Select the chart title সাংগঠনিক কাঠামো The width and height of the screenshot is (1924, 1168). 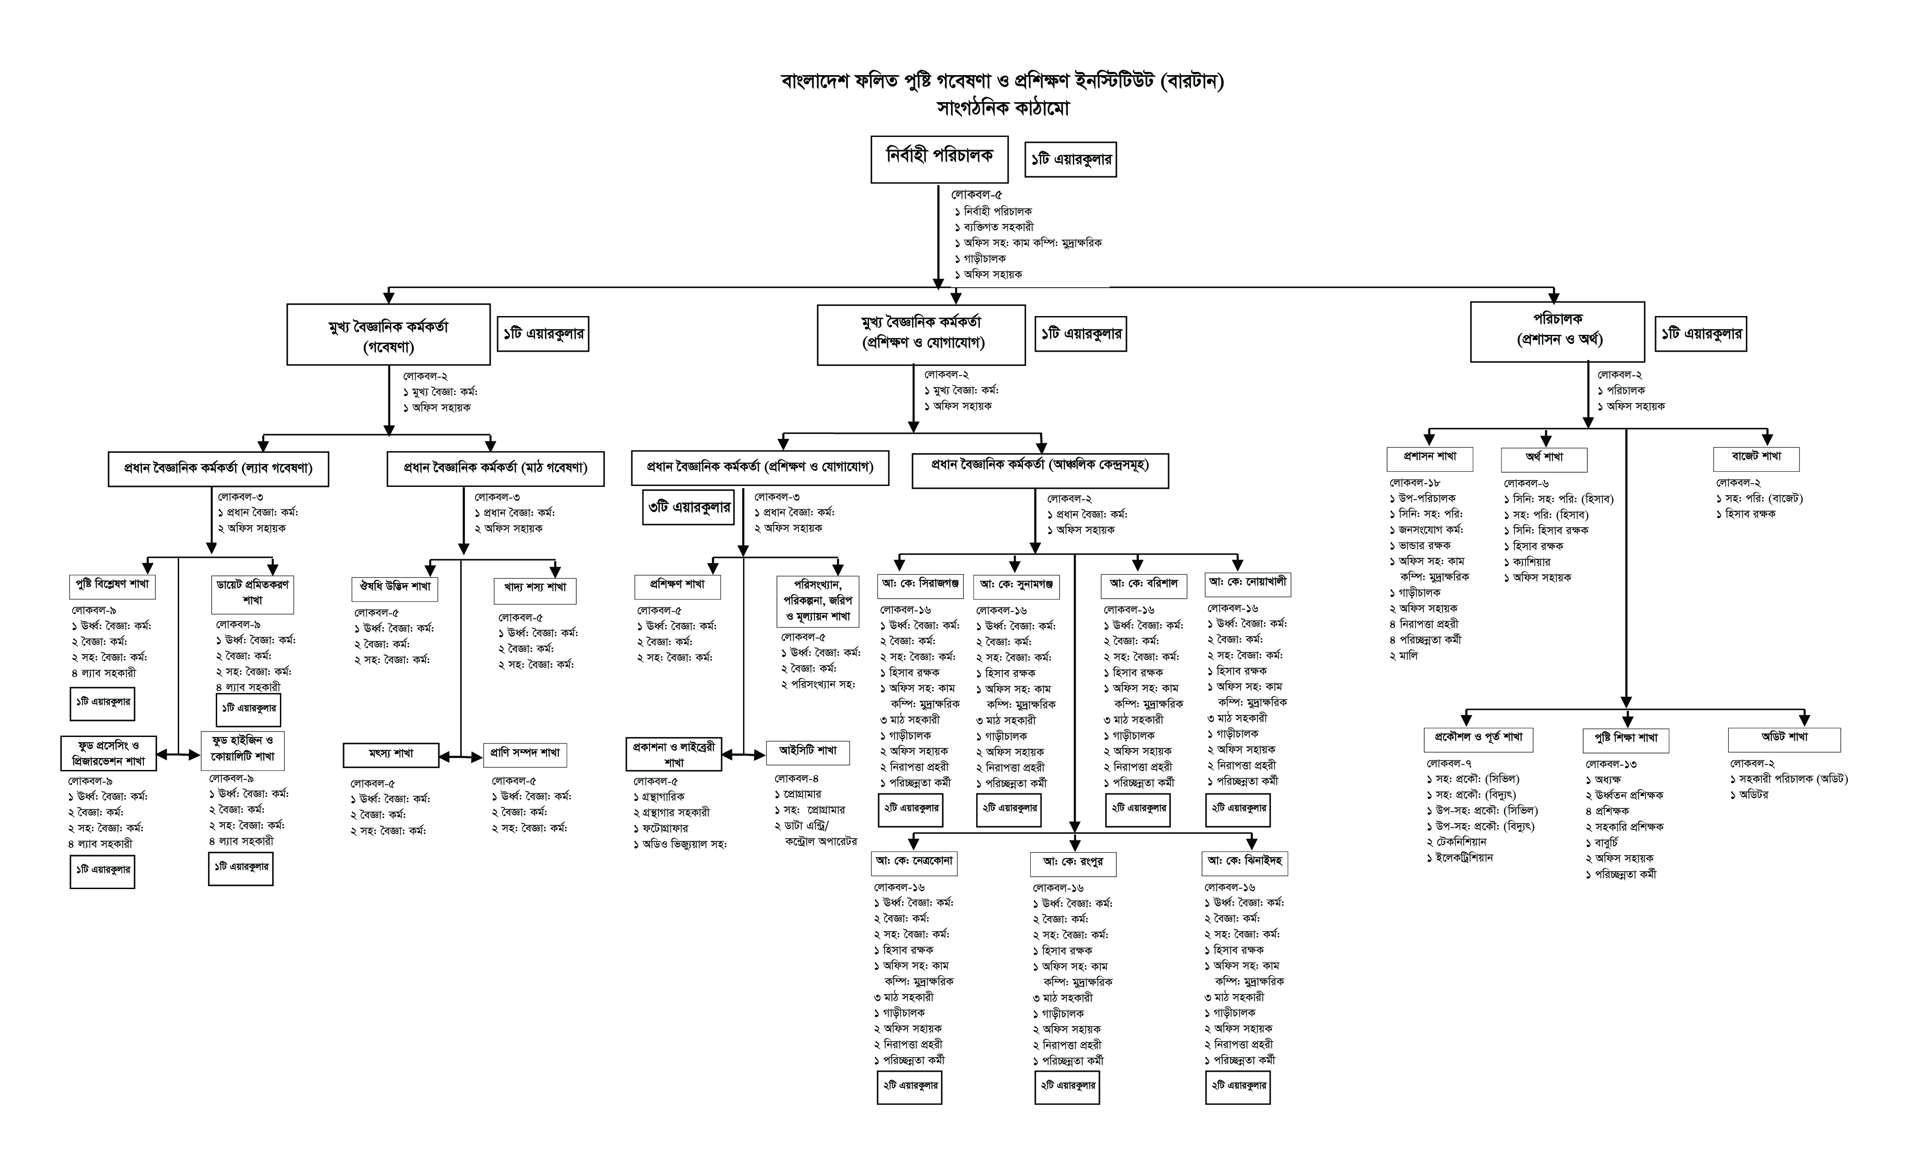click(x=1003, y=109)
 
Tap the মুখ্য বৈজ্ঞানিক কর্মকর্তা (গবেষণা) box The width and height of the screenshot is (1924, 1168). click(x=388, y=335)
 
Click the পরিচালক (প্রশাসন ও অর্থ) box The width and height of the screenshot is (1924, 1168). click(x=1557, y=331)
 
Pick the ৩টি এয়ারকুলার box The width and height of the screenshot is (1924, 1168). click(x=688, y=508)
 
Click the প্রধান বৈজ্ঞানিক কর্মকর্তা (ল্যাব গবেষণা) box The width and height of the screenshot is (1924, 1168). click(x=218, y=469)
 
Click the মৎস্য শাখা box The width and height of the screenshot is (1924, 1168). click(x=391, y=754)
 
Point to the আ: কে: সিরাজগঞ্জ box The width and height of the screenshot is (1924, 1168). click(x=920, y=585)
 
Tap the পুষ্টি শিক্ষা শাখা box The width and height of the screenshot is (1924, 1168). click(x=1626, y=738)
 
